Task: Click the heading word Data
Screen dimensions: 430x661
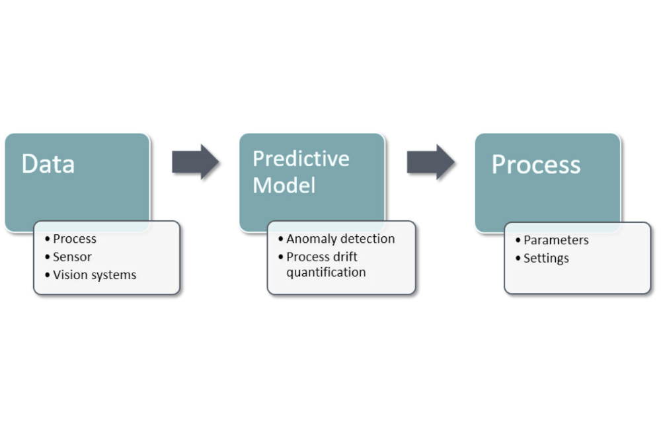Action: [x=48, y=164]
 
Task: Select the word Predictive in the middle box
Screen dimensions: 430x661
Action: [x=301, y=159]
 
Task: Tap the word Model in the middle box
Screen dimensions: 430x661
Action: [x=284, y=185]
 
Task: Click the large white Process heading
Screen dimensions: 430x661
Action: [x=536, y=165]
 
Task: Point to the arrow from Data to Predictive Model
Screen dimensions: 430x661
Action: [x=195, y=162]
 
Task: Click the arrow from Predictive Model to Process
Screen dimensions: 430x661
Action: [x=430, y=162]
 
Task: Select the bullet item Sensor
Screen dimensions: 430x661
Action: [x=72, y=257]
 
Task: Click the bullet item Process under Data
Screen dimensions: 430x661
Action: [x=75, y=239]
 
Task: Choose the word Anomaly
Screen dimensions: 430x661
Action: [x=310, y=239]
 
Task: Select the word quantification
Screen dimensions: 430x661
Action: [x=326, y=272]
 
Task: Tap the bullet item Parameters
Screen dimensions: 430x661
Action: [x=556, y=240]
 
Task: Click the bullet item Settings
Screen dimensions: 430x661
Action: [x=546, y=258]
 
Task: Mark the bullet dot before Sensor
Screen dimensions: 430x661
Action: [x=47, y=257]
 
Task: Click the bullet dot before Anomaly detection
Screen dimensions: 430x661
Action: [x=280, y=239]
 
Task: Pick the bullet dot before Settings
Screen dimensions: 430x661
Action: [x=518, y=259]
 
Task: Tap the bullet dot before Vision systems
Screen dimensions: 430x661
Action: [x=47, y=275]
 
